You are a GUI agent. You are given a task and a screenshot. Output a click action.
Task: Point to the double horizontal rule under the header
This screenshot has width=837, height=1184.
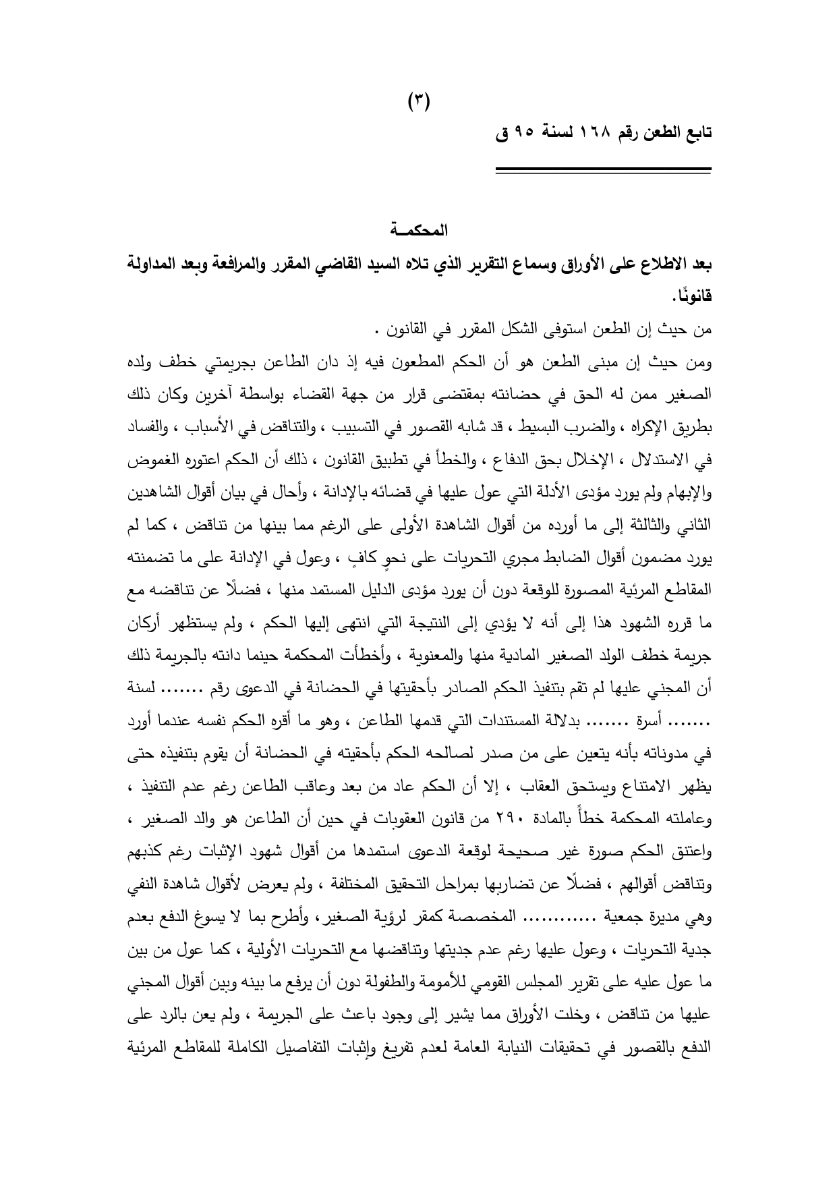pos(603,171)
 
